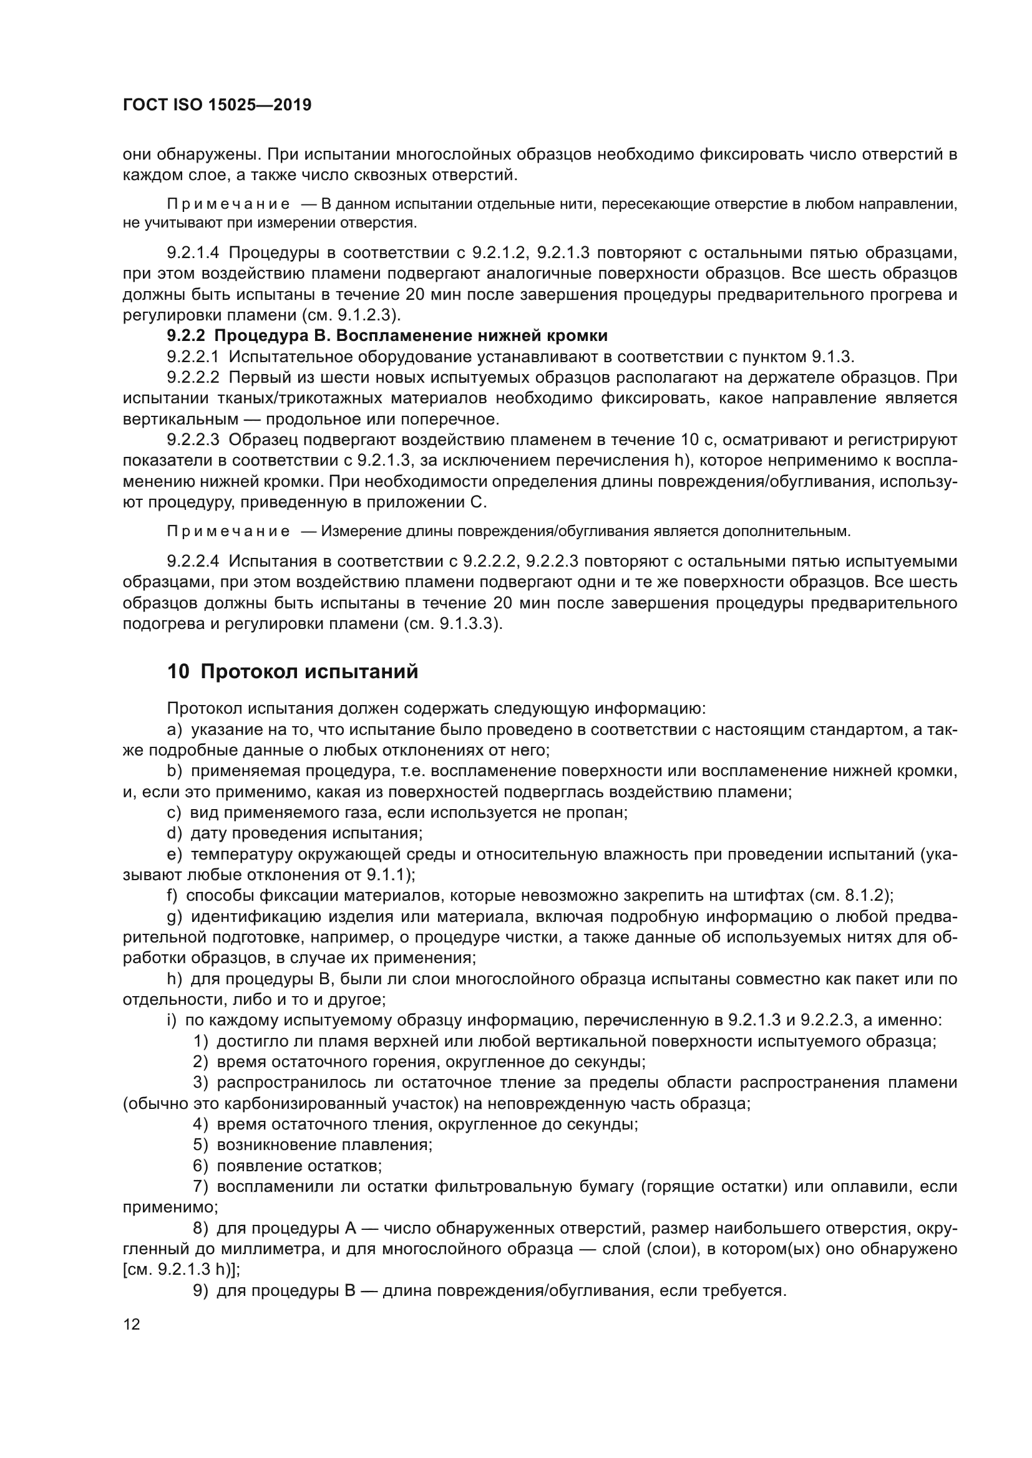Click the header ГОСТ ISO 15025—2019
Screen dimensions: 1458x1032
[x=217, y=105]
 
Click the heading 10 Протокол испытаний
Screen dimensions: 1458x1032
[x=292, y=672]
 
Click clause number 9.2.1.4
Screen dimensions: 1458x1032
[x=193, y=252]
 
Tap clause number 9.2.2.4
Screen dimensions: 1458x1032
[x=193, y=562]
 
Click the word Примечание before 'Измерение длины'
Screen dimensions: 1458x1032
[x=228, y=532]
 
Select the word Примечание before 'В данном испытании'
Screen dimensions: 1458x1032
[x=228, y=204]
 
